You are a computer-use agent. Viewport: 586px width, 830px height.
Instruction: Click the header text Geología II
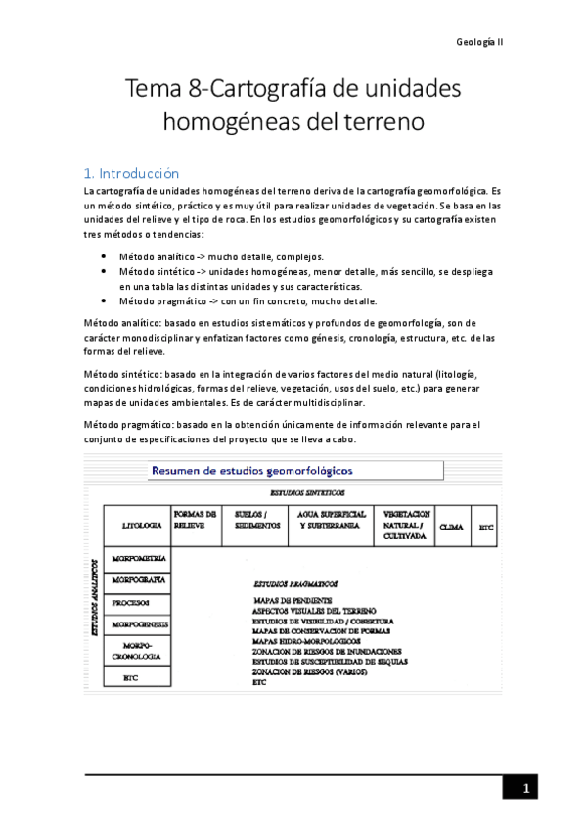pyautogui.click(x=479, y=43)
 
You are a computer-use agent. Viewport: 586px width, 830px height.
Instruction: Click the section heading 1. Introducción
pyautogui.click(x=132, y=172)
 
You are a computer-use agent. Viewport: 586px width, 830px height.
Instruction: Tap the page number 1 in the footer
pyautogui.click(x=525, y=789)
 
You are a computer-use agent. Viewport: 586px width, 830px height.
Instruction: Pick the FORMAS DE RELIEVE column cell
pyautogui.click(x=194, y=519)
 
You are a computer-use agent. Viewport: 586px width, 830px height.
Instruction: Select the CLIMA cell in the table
pyautogui.click(x=452, y=527)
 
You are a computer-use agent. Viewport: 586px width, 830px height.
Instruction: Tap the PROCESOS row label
pyautogui.click(x=131, y=602)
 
